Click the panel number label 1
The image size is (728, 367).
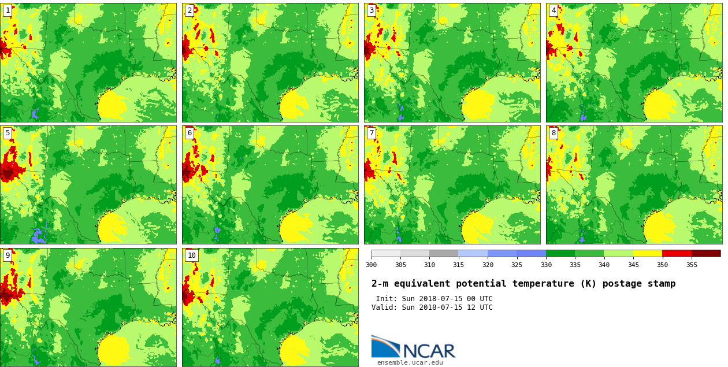[8, 10]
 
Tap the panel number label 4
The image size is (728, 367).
[554, 10]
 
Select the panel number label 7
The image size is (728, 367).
[372, 133]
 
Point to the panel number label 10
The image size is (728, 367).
[191, 255]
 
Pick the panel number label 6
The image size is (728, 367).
[190, 133]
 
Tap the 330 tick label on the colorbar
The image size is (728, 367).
[546, 265]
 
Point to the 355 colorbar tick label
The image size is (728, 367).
[692, 265]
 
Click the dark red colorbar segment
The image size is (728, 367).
[706, 253]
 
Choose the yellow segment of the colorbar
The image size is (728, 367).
[648, 253]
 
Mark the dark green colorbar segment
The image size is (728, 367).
[560, 253]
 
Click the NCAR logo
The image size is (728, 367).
[413, 347]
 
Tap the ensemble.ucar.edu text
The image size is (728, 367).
[410, 363]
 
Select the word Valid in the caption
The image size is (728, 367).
[384, 307]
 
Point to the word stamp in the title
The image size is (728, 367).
[661, 284]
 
